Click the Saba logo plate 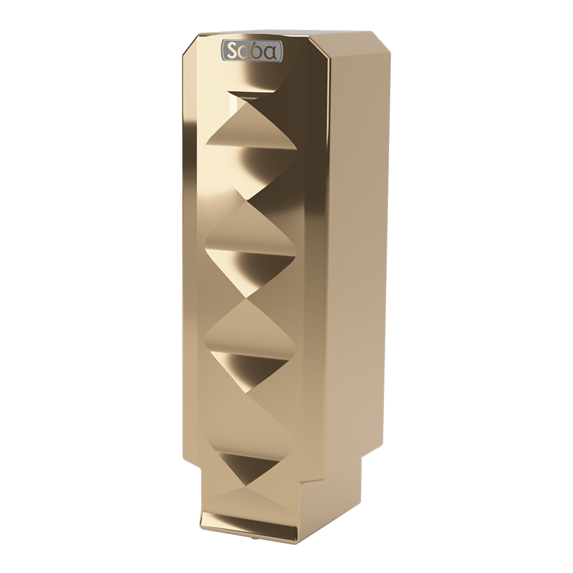[252, 50]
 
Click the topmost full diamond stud [251, 149]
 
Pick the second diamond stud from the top [250, 250]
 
